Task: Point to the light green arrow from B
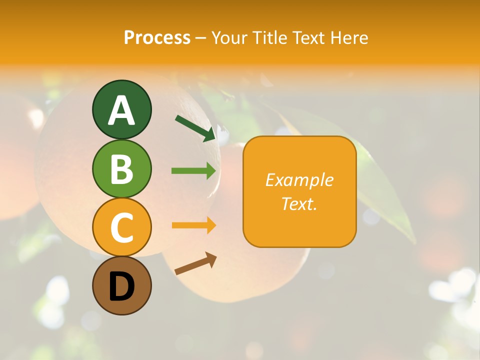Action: tap(193, 171)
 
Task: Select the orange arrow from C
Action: tap(193, 225)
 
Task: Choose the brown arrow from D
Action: tap(195, 263)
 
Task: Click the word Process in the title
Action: tap(157, 37)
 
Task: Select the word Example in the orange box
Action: tap(299, 180)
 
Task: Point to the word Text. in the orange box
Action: tap(299, 203)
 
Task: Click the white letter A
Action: tap(121, 110)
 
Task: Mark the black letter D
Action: tap(121, 287)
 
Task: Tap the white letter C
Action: tap(121, 227)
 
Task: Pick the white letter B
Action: tap(121, 169)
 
